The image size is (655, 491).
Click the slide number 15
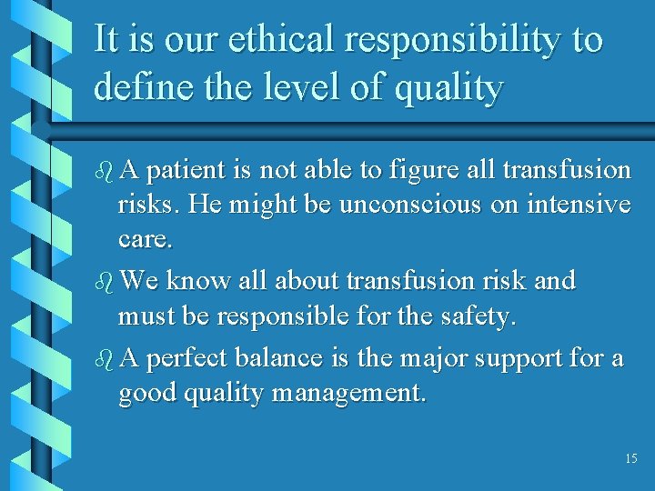point(631,459)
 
